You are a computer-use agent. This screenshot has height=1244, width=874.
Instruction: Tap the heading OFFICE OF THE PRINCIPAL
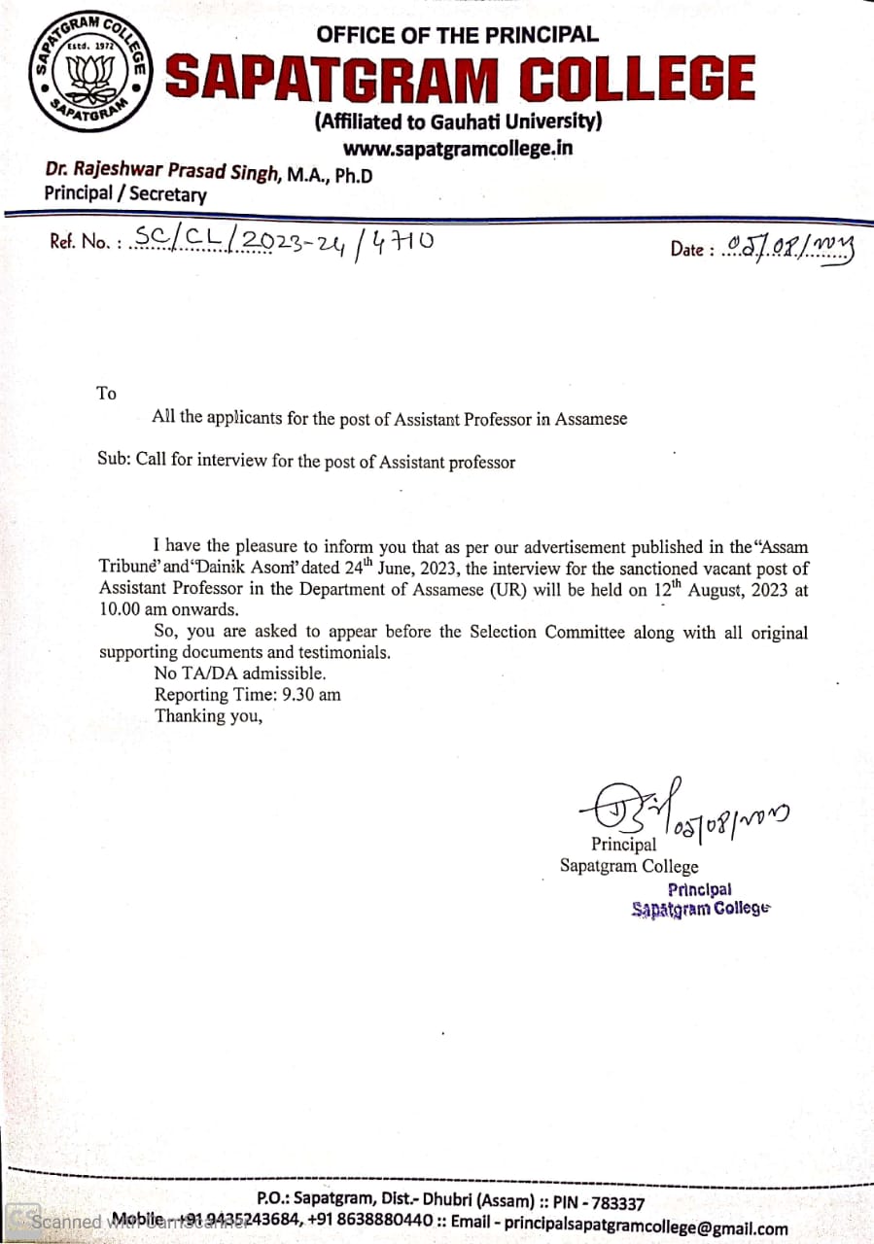click(457, 35)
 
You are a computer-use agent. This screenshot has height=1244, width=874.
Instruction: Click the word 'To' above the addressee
click(106, 394)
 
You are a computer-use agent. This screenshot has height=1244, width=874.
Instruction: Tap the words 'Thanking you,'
click(209, 717)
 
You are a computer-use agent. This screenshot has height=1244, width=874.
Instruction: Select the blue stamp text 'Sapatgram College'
click(700, 910)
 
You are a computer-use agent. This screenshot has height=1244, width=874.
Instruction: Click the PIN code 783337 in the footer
click(611, 1203)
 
